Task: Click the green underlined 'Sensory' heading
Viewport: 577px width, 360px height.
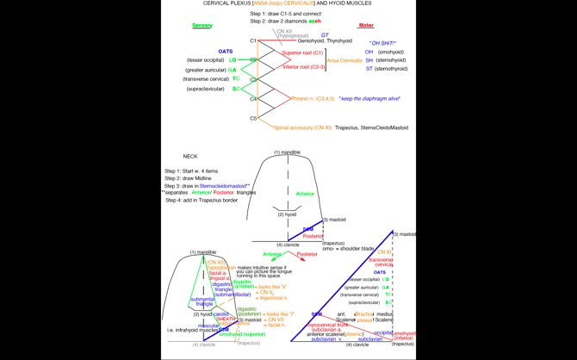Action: [202, 26]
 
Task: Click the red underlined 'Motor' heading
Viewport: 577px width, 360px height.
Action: [366, 26]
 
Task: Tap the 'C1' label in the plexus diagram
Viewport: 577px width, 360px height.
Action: [253, 40]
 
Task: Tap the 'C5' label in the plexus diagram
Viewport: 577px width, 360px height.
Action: [253, 119]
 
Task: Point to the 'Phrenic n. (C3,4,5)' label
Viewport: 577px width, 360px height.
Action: [313, 99]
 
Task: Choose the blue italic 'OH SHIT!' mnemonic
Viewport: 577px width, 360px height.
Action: [382, 42]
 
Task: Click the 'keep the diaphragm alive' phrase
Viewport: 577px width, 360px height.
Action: [369, 99]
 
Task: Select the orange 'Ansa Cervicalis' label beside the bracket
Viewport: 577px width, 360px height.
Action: [344, 60]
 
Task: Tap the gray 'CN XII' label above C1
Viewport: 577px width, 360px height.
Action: [284, 31]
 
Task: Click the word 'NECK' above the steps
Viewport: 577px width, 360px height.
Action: [190, 157]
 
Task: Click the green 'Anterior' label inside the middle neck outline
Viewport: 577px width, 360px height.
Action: [305, 194]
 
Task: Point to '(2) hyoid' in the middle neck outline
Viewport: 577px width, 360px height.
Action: [287, 214]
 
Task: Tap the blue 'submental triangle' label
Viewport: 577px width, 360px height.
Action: [203, 301]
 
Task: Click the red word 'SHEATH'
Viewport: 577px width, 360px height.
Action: [226, 319]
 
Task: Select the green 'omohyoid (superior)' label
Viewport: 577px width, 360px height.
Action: [242, 334]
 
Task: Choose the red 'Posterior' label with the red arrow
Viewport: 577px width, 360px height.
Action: [307, 254]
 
